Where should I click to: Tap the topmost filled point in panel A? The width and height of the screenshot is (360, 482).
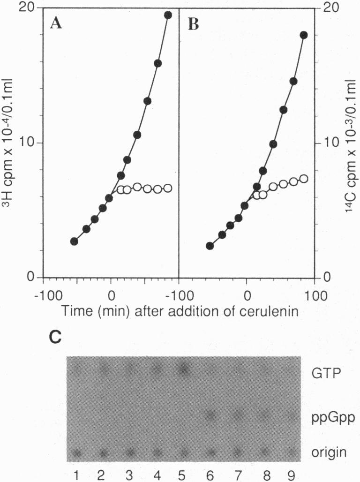point(168,15)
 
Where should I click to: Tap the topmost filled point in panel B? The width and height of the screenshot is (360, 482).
point(304,35)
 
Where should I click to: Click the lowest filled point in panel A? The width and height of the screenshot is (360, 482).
point(74,241)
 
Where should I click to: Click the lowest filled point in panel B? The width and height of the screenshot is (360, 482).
point(210,246)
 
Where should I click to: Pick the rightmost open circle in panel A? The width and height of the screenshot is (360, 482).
point(168,188)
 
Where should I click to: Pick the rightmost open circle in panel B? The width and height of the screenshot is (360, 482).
point(304,179)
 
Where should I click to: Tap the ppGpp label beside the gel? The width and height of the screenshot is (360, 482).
point(331,415)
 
